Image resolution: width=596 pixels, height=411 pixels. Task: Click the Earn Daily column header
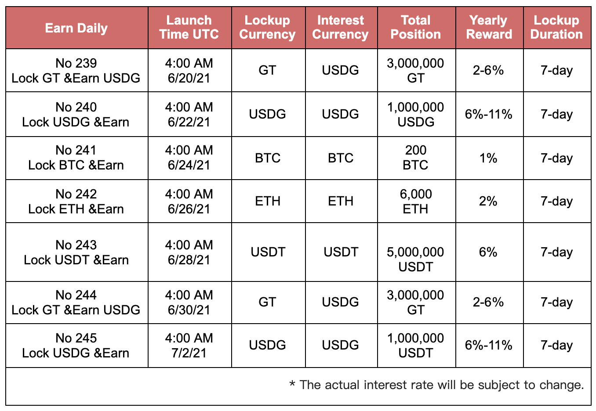(76, 28)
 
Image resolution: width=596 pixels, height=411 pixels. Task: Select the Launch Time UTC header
(189, 27)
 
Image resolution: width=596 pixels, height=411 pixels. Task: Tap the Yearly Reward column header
(489, 27)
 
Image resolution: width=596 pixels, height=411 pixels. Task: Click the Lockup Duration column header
(556, 27)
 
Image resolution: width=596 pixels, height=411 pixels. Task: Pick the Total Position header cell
(416, 27)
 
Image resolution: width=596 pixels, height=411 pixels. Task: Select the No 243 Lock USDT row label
(76, 252)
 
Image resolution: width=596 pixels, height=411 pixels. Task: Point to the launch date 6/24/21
(189, 165)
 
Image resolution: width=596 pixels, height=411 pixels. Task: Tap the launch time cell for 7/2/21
(189, 345)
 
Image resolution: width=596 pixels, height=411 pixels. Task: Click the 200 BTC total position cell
(416, 158)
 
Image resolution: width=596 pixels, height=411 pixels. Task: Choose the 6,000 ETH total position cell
(416, 201)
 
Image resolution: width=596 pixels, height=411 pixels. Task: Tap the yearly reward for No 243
(488, 252)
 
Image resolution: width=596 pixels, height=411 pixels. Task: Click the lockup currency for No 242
(268, 201)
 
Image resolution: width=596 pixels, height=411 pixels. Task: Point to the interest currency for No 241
(341, 158)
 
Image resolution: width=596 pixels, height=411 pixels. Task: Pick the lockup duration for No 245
(556, 345)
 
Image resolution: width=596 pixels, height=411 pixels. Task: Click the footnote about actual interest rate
(436, 385)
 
